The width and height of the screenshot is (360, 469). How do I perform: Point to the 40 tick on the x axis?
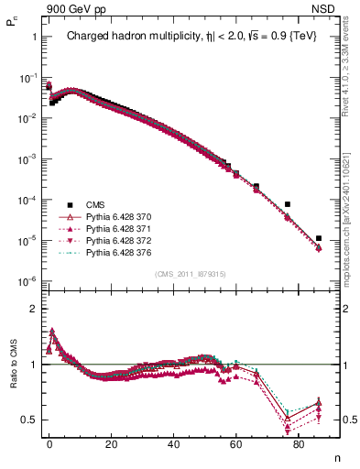[x=174, y=446]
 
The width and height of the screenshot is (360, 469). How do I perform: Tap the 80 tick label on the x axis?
[x=299, y=446]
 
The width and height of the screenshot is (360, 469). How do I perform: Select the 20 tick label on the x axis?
[x=112, y=446]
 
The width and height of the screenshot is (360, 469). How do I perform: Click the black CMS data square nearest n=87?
[x=318, y=238]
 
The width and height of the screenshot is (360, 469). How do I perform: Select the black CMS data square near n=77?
[x=287, y=204]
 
